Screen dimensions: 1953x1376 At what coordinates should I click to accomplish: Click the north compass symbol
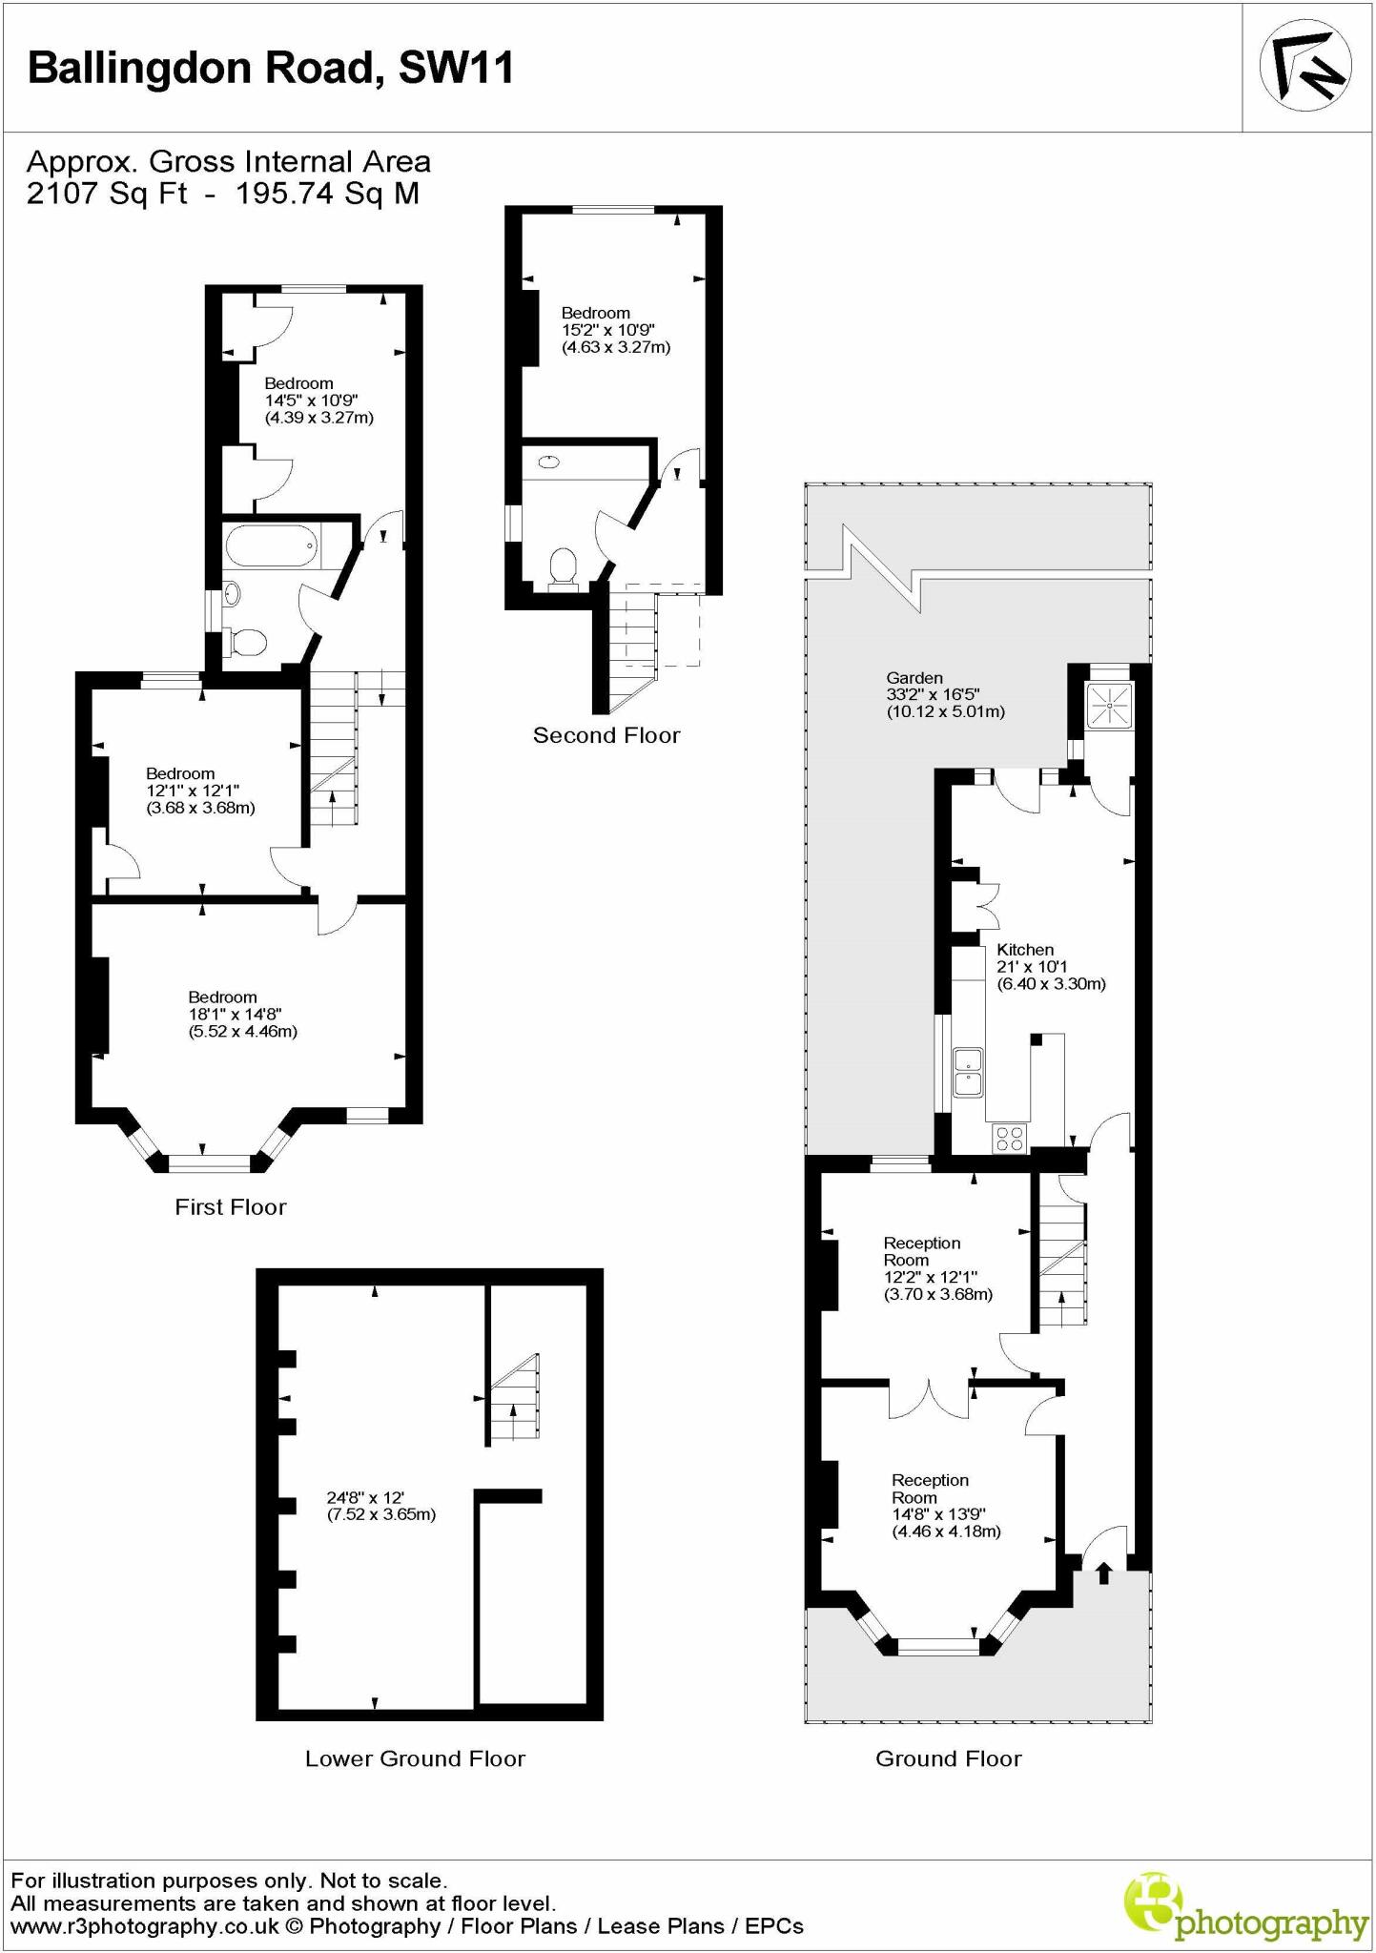click(1304, 66)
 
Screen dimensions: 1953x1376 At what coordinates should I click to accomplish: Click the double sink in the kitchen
click(969, 1072)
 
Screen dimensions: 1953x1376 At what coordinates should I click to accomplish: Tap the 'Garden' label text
click(914, 678)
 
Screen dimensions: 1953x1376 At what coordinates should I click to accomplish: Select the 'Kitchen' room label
click(1025, 950)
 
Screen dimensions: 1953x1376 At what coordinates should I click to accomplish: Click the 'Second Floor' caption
click(606, 735)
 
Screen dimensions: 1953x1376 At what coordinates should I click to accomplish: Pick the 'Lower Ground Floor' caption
click(415, 1758)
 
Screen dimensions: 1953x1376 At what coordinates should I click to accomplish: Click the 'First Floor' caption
click(231, 1207)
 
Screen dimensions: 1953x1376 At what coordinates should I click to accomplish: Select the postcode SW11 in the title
click(456, 69)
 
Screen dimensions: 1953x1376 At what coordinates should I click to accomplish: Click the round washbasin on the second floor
click(549, 463)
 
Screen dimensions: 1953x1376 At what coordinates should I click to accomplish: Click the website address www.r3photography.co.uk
click(144, 1926)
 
